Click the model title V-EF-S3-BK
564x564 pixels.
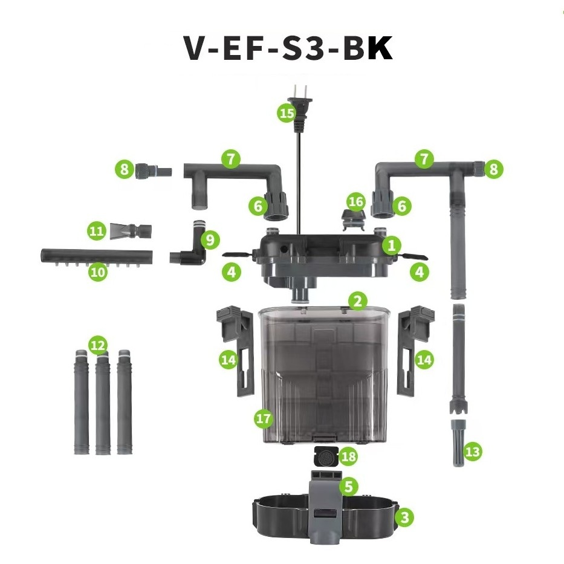point(288,48)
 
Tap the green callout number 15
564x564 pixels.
point(287,113)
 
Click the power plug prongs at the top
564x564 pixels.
point(299,91)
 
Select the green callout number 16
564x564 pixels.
point(355,201)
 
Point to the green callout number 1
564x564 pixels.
point(391,245)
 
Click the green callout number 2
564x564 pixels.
point(357,301)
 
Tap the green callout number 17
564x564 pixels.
point(264,418)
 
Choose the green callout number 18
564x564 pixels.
point(348,456)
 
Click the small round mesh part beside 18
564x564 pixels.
point(326,456)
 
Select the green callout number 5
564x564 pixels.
point(349,486)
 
